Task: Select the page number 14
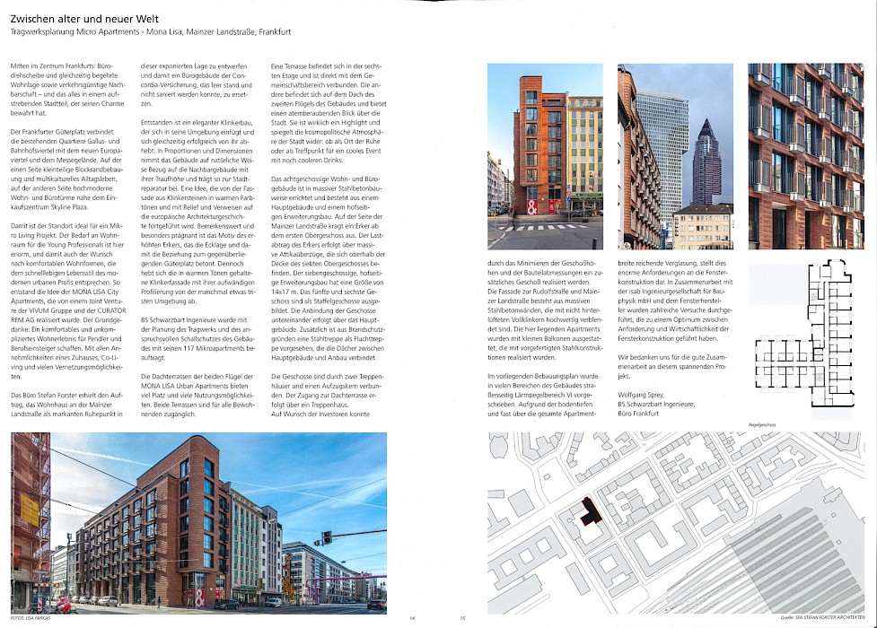tap(412, 618)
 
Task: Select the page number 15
tap(462, 618)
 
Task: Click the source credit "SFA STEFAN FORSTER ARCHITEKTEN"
tap(828, 618)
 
